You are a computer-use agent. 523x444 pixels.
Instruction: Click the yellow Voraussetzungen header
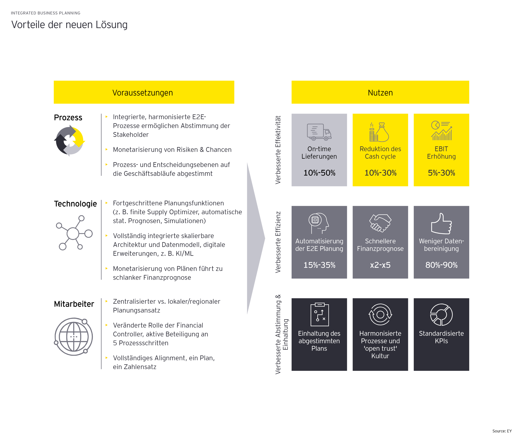point(144,92)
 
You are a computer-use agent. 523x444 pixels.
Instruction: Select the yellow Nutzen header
point(380,92)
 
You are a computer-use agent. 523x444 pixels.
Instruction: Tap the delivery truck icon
point(319,132)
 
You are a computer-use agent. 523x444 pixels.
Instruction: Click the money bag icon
point(380,132)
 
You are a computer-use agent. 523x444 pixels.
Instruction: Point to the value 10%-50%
point(319,173)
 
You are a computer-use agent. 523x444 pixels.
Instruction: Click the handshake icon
point(380,223)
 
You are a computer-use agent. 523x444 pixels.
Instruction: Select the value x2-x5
point(380,265)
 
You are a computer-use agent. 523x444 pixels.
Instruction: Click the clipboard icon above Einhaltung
point(319,314)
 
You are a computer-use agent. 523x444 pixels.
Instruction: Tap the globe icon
point(74,336)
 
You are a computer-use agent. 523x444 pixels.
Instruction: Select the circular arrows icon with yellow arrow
point(70,141)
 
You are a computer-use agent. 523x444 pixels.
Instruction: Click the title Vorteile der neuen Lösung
point(69,25)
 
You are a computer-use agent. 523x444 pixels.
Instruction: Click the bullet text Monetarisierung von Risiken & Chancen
point(172,150)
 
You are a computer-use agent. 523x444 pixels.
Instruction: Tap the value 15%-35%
point(319,265)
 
